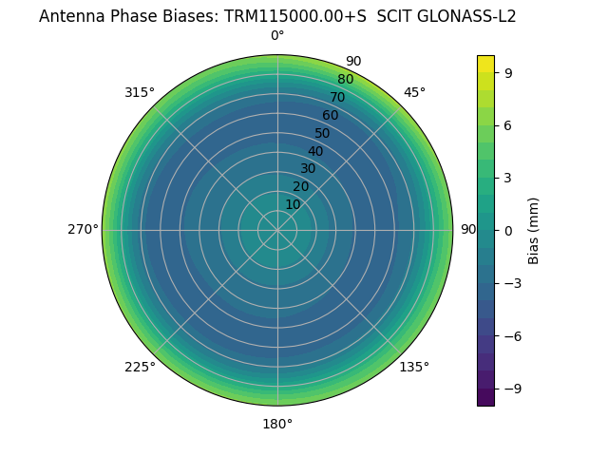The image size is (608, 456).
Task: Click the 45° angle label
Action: [414, 93]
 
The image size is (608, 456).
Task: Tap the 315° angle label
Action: [140, 93]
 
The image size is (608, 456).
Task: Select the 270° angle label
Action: [83, 230]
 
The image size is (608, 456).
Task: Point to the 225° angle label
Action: [140, 368]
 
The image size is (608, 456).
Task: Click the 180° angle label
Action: [277, 425]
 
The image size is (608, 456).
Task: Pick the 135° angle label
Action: [414, 368]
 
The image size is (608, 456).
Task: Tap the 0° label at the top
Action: [277, 36]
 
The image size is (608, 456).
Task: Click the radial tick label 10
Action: [293, 204]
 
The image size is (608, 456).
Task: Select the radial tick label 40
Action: [315, 151]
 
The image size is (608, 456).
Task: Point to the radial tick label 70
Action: [337, 98]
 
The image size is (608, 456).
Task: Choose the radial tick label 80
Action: [345, 80]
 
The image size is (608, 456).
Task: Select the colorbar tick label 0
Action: [509, 230]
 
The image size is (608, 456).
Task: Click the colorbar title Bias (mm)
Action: [534, 230]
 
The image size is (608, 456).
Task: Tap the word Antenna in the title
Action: [70, 16]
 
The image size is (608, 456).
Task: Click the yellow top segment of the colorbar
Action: [485, 63]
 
